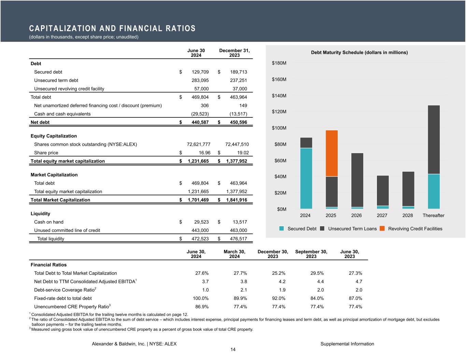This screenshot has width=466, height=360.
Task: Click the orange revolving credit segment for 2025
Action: (331, 153)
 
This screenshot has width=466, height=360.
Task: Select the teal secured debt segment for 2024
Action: (306, 178)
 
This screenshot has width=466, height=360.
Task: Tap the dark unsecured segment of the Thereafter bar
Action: (434, 140)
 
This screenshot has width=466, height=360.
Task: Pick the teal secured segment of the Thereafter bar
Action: (434, 191)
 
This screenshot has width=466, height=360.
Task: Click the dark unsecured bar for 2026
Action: (357, 180)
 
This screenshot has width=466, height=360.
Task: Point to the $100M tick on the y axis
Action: (279, 128)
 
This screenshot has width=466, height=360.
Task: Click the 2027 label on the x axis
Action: (382, 216)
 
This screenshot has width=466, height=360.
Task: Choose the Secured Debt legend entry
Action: (302, 229)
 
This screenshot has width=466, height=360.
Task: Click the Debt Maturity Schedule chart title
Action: (359, 53)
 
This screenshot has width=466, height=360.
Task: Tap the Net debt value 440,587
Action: (199, 123)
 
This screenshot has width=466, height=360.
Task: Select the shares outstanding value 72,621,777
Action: (198, 144)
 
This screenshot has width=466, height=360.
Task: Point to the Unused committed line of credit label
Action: (67, 230)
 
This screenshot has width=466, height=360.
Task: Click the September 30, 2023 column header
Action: (311, 254)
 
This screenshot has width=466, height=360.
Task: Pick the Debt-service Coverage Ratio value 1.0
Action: (205, 290)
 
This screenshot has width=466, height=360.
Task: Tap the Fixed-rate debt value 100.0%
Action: (201, 298)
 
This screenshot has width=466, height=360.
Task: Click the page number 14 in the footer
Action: (233, 349)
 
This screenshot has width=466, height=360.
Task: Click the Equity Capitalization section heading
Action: (54, 136)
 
